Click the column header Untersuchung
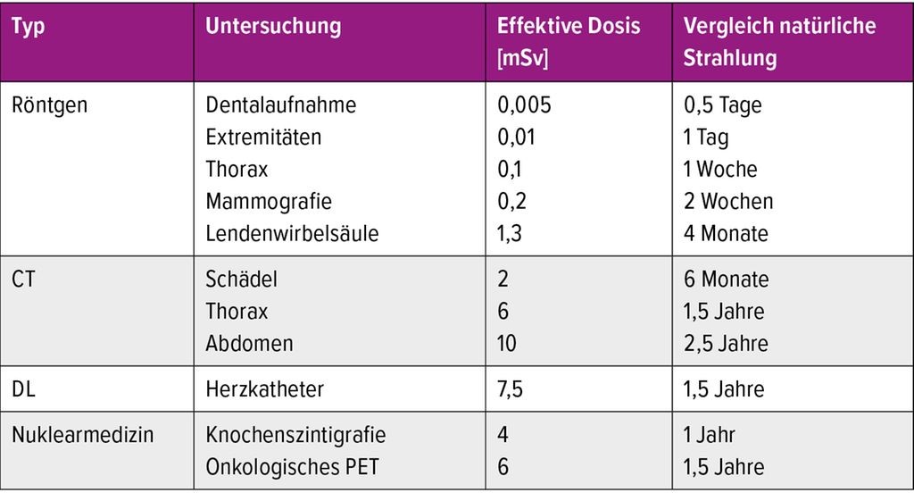(273, 26)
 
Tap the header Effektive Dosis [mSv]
(569, 41)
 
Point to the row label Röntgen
(50, 105)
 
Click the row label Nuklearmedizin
(83, 435)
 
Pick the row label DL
(23, 389)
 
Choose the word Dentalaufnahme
(280, 105)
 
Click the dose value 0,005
(524, 105)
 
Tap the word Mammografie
(268, 202)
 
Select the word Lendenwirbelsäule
(292, 233)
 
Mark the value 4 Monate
(726, 233)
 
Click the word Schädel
(241, 279)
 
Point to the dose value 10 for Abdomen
(507, 344)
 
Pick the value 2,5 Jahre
(726, 344)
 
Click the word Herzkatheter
(264, 389)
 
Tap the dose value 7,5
(510, 389)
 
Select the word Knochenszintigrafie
(295, 435)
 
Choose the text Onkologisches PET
(292, 467)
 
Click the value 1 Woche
(720, 169)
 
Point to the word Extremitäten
(263, 137)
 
